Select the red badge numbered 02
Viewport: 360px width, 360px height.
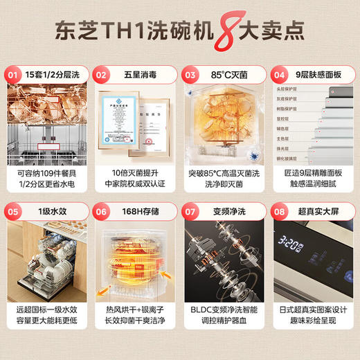tap(102, 74)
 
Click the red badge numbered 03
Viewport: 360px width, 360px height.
tap(188, 74)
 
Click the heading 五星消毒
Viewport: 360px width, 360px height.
tap(136, 74)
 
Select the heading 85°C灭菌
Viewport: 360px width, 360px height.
tap(222, 74)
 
